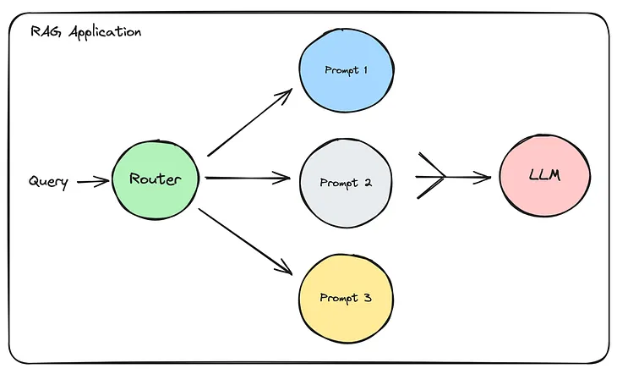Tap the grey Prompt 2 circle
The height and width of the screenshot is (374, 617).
click(344, 183)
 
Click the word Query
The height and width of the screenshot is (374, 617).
click(48, 182)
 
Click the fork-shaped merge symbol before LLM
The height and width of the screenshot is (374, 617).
click(433, 177)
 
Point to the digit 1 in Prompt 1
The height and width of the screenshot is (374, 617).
click(364, 70)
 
